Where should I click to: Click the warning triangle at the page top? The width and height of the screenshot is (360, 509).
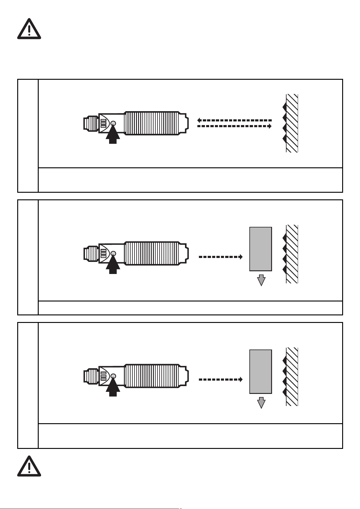tap(29, 29)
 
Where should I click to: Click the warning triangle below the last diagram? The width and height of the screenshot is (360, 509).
tap(29, 466)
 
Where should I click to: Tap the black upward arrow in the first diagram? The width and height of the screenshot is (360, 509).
tap(113, 136)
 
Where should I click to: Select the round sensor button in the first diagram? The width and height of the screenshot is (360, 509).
tap(113, 123)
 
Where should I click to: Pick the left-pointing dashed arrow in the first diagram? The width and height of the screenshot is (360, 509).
tap(234, 120)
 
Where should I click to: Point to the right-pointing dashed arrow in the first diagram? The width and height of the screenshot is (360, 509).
tap(234, 126)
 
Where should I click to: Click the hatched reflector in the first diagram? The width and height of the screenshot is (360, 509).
tap(292, 123)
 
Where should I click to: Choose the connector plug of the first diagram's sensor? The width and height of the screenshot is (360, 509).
tap(91, 124)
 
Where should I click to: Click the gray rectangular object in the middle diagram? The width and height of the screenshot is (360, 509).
tap(261, 249)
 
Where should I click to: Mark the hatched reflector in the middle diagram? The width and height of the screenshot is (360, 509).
tap(292, 254)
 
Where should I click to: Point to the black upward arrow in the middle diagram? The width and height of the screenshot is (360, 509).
tap(113, 266)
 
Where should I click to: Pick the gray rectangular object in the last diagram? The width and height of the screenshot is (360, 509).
tap(261, 372)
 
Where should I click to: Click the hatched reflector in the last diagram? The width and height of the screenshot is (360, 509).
tap(292, 377)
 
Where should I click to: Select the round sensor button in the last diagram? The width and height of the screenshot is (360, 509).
tap(113, 376)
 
